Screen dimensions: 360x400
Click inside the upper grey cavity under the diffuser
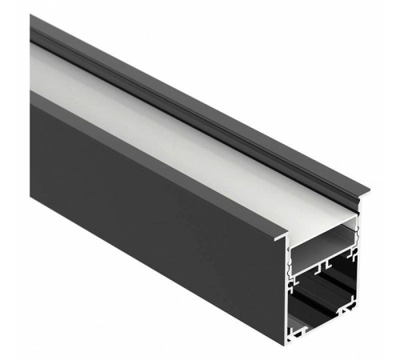click(x=320, y=249)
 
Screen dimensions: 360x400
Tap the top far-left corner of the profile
click(x=31, y=18)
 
